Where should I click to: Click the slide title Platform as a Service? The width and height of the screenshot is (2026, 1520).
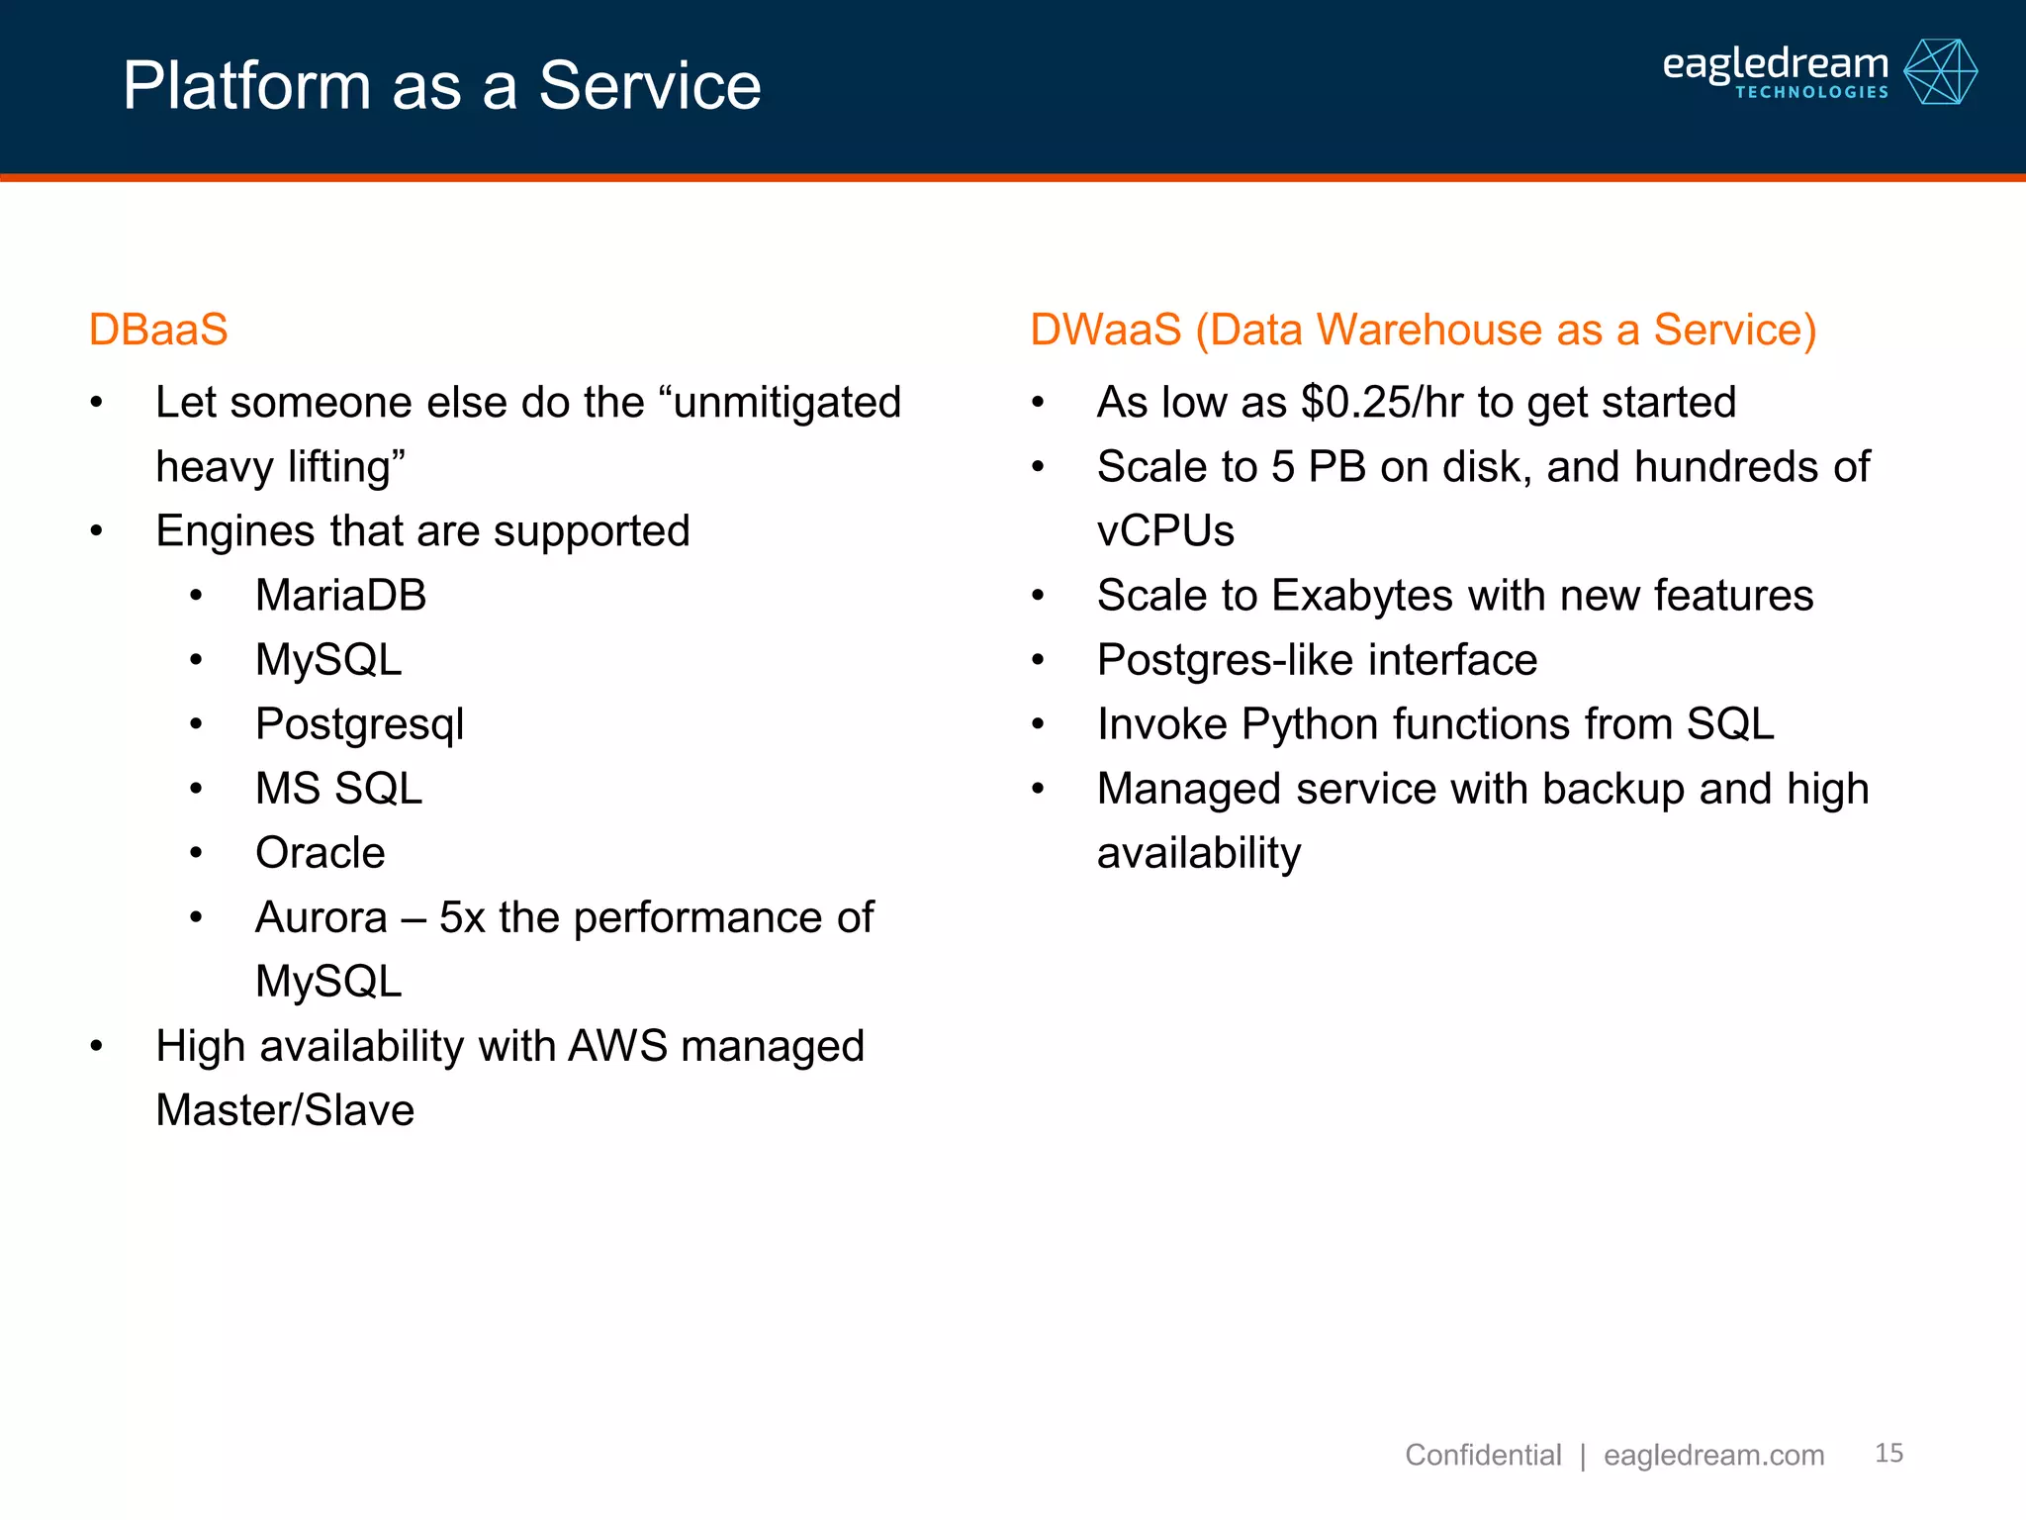pyautogui.click(x=441, y=86)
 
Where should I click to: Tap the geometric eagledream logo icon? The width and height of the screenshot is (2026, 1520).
pyautogui.click(x=1940, y=72)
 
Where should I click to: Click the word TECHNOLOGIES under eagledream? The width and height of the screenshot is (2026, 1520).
pyautogui.click(x=1811, y=93)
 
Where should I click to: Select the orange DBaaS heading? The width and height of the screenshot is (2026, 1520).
pyautogui.click(x=158, y=330)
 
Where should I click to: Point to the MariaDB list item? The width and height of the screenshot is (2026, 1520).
pyautogui.click(x=340, y=596)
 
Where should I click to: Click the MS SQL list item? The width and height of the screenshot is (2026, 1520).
pyautogui.click(x=338, y=789)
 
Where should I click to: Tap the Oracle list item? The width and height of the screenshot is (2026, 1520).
pyautogui.click(x=320, y=853)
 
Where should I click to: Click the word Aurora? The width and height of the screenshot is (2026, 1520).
pyautogui.click(x=321, y=917)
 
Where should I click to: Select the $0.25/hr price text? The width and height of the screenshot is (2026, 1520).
pyautogui.click(x=1382, y=403)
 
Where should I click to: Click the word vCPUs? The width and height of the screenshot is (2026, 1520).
pyautogui.click(x=1165, y=531)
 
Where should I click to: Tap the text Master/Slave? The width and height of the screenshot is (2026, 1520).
pyautogui.click(x=285, y=1110)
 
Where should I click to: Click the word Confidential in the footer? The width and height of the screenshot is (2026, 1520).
pyautogui.click(x=1482, y=1455)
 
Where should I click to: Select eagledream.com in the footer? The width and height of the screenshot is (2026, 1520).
pyautogui.click(x=1713, y=1455)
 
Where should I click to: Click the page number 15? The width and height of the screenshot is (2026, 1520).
pyautogui.click(x=1888, y=1453)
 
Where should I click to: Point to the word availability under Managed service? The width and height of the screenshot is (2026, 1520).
pyautogui.click(x=1199, y=853)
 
